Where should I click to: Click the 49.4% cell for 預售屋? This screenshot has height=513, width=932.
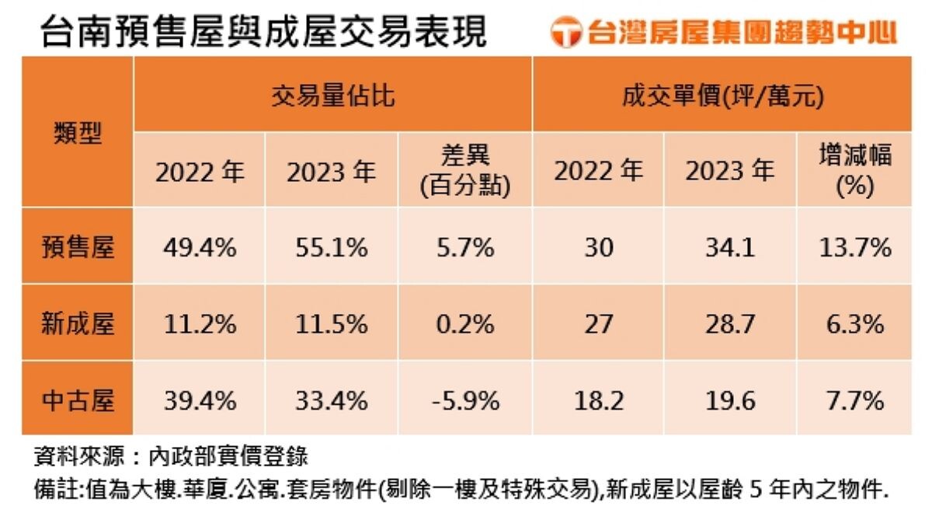(x=200, y=248)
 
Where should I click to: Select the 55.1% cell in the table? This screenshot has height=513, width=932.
(x=332, y=248)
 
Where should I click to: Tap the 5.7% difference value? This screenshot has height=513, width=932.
(x=464, y=248)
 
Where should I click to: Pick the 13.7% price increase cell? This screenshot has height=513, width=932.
(x=855, y=248)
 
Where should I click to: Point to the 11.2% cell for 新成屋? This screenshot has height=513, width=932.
(x=200, y=324)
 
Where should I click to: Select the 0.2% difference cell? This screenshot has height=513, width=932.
(x=464, y=324)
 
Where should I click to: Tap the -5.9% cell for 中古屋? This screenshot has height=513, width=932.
(x=464, y=401)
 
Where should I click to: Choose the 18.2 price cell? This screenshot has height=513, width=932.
(x=597, y=401)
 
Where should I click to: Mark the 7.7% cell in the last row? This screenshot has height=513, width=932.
(x=855, y=401)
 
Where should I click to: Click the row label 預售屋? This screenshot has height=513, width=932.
(x=78, y=248)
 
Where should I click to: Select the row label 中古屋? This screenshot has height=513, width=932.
(x=78, y=401)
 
